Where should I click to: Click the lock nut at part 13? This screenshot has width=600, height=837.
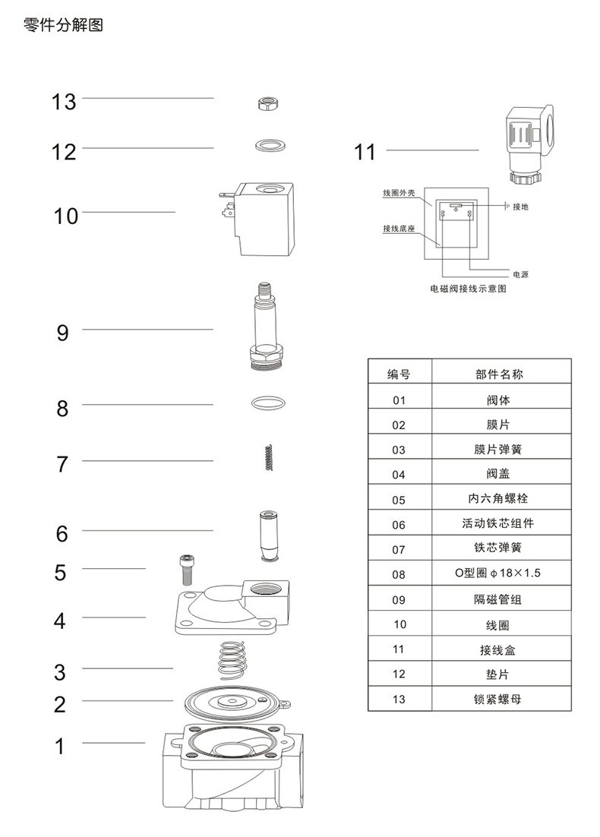(x=267, y=105)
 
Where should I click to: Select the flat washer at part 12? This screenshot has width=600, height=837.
(x=267, y=144)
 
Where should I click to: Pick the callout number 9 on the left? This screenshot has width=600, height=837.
(x=62, y=333)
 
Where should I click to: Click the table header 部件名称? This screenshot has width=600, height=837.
(x=499, y=374)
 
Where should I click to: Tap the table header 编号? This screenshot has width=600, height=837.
(x=399, y=374)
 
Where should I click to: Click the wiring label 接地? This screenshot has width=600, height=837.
(x=521, y=207)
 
